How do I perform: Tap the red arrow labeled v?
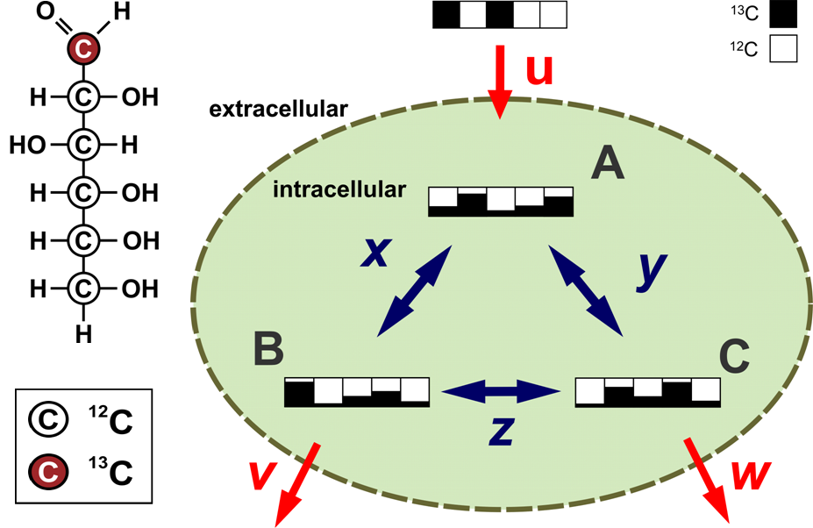click(297, 483)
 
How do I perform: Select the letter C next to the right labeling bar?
click(734, 356)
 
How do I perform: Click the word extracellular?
click(279, 110)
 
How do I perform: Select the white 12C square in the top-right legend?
click(782, 50)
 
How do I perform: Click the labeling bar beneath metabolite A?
click(501, 202)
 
